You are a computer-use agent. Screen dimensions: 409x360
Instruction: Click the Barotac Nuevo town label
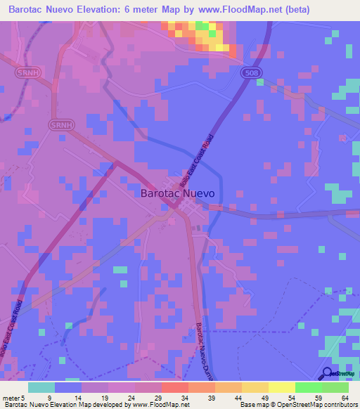178,192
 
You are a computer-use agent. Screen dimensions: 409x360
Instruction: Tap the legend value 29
157,397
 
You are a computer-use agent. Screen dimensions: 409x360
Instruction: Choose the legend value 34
184,397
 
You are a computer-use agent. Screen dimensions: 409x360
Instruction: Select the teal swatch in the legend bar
41,387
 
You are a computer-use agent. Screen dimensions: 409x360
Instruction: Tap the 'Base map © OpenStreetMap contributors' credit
299,405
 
